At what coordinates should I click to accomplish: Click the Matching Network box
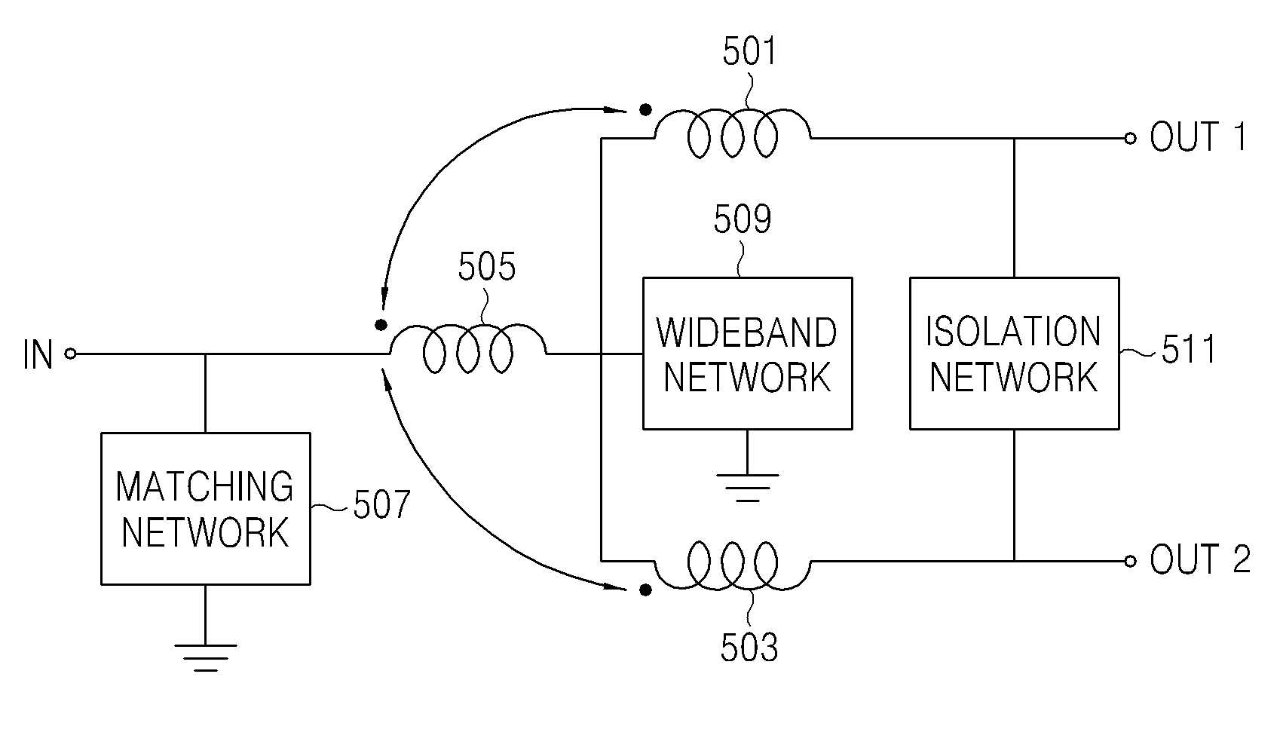point(206,508)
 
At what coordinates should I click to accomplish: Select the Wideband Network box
point(748,353)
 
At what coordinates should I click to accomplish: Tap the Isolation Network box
point(1015,353)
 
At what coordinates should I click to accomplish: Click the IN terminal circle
point(70,354)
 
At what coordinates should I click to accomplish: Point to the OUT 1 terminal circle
point(1130,138)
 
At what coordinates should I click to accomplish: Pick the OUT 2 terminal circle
point(1130,561)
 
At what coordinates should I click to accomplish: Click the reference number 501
point(749,51)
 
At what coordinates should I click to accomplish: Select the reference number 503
point(749,648)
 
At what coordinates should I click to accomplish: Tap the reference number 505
point(487,266)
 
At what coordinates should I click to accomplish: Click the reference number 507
point(381,504)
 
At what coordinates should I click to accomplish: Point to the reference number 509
point(743,218)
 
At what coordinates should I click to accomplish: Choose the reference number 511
point(1189,349)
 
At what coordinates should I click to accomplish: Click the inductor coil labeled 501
point(732,133)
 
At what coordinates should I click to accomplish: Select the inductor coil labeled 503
point(732,565)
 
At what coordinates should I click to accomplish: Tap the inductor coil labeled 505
point(468,349)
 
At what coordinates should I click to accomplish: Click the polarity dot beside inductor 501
point(645,110)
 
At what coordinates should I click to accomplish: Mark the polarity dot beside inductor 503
point(645,590)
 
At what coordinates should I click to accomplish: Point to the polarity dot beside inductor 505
point(381,325)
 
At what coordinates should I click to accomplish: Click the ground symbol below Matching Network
point(206,657)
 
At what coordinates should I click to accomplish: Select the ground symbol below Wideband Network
point(748,488)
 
